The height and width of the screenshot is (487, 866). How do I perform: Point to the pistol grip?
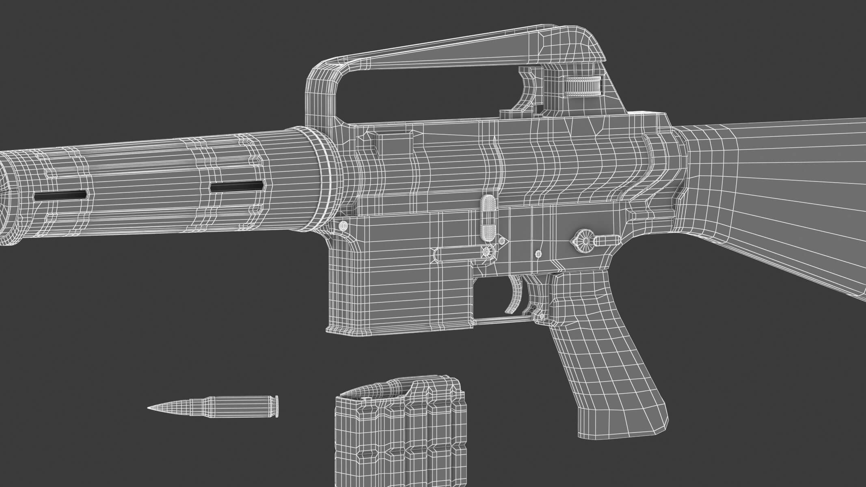609,357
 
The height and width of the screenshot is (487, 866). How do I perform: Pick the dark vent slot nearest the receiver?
237,187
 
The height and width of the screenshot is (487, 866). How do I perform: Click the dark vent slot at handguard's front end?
60,195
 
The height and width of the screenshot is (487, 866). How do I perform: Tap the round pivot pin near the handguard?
343,225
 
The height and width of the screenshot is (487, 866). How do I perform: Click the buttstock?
771,195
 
